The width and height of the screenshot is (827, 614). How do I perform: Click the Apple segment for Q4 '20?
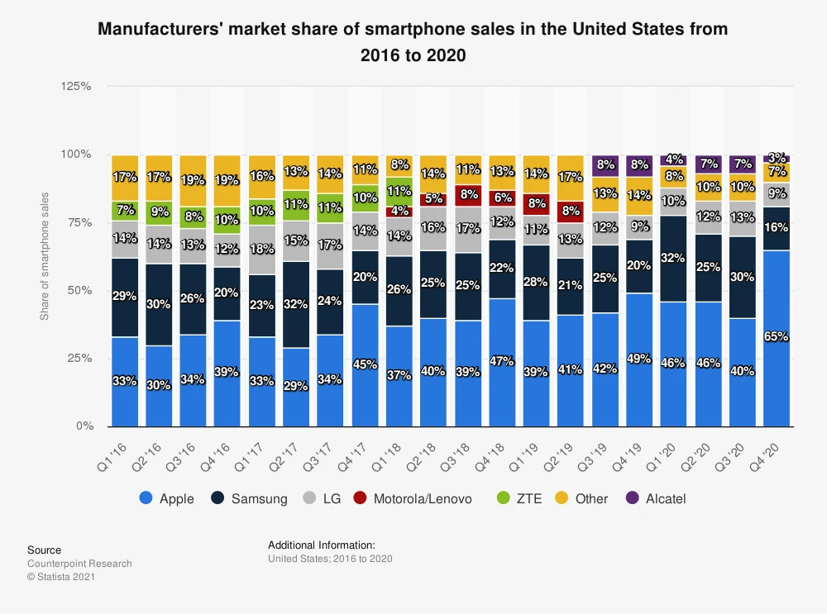tap(777, 338)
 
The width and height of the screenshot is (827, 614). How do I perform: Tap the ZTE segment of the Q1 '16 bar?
tap(124, 211)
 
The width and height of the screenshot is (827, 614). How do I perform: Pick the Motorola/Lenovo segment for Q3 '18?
tap(467, 196)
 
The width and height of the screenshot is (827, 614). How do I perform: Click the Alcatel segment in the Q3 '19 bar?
tap(605, 165)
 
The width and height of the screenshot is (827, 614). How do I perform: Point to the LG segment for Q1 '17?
tap(261, 250)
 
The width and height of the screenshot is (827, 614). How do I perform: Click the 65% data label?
tap(777, 337)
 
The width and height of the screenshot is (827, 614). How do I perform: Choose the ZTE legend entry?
tap(519, 498)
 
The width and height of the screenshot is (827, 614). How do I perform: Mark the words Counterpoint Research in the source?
tap(79, 564)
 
